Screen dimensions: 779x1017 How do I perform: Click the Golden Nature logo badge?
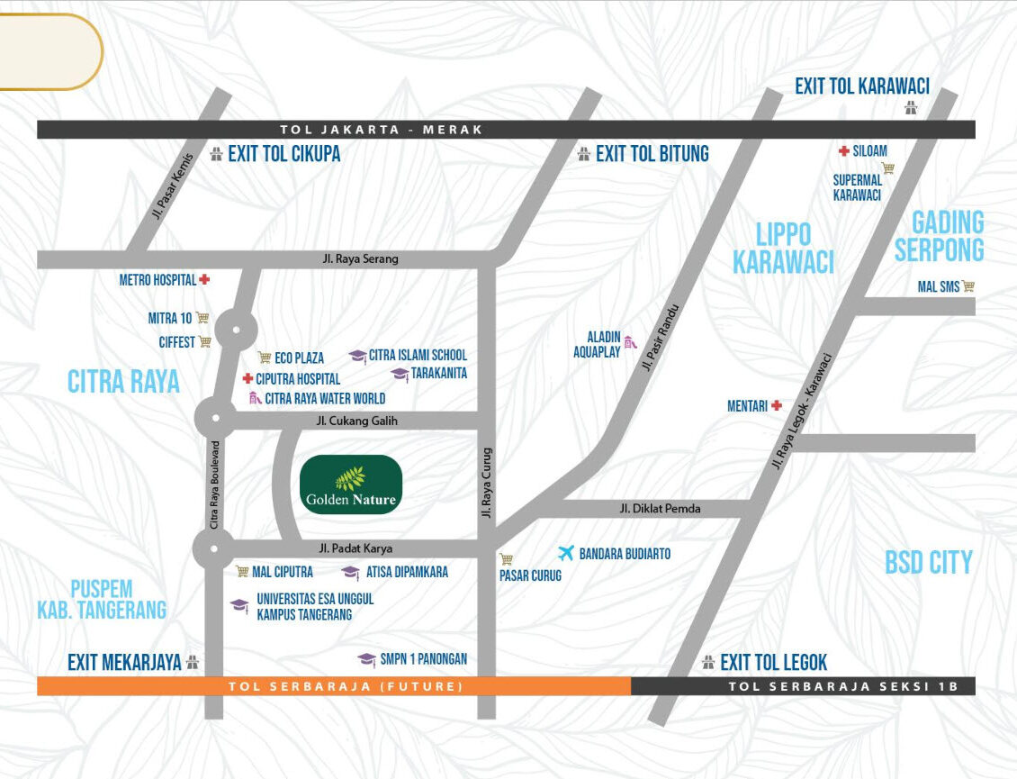(x=350, y=485)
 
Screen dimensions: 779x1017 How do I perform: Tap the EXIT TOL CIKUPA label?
(x=283, y=154)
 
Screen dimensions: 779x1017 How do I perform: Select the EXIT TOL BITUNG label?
(x=652, y=154)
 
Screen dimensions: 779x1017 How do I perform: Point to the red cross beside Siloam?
(x=843, y=151)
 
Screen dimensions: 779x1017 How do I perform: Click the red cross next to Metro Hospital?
(x=204, y=280)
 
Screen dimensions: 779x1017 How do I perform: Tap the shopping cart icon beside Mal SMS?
(x=968, y=286)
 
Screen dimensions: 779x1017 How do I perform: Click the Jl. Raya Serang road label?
(x=360, y=259)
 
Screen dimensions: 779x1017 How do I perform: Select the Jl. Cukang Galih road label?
(x=356, y=421)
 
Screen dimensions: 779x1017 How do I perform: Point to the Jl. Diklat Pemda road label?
(x=660, y=509)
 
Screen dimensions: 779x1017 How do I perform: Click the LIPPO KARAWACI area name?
(x=783, y=249)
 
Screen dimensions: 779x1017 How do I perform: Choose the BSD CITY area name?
(x=929, y=563)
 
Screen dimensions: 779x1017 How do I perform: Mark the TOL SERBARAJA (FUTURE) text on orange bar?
(x=346, y=686)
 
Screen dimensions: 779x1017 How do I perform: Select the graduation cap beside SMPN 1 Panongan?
(x=366, y=659)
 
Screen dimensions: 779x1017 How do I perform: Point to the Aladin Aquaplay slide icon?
(x=631, y=341)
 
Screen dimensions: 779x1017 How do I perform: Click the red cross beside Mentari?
(x=776, y=406)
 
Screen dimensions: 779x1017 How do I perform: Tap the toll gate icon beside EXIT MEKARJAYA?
(x=192, y=664)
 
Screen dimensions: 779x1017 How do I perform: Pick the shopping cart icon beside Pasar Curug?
(x=506, y=558)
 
